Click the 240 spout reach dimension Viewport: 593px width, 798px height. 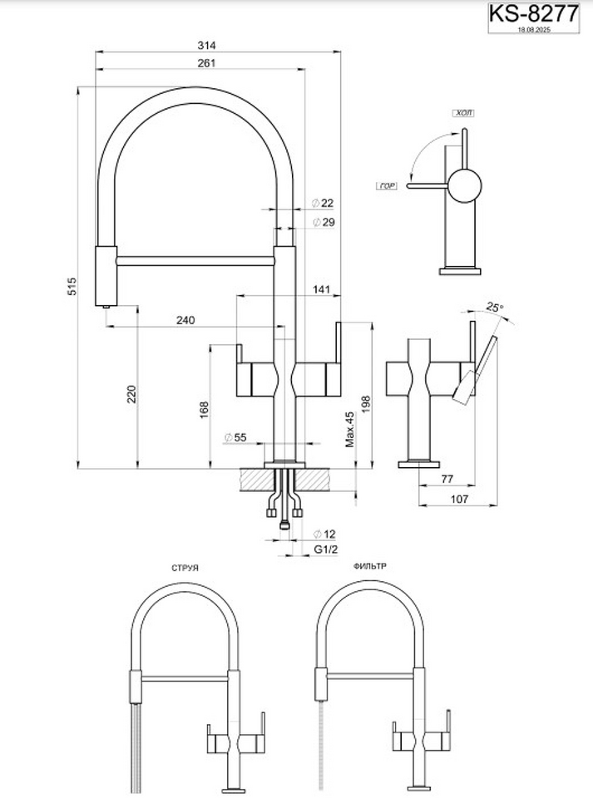coord(185,319)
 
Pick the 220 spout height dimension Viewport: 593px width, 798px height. coord(131,393)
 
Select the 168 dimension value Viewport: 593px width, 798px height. coord(205,410)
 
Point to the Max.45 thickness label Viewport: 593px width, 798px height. coord(350,431)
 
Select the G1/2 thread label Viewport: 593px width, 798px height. coord(324,551)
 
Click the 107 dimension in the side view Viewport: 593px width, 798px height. coord(458,499)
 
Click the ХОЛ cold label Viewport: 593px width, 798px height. coord(462,112)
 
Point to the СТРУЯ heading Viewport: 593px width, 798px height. coord(184,568)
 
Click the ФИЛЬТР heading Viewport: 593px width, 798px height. coord(368,565)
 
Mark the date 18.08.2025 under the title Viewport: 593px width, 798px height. coord(534,29)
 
